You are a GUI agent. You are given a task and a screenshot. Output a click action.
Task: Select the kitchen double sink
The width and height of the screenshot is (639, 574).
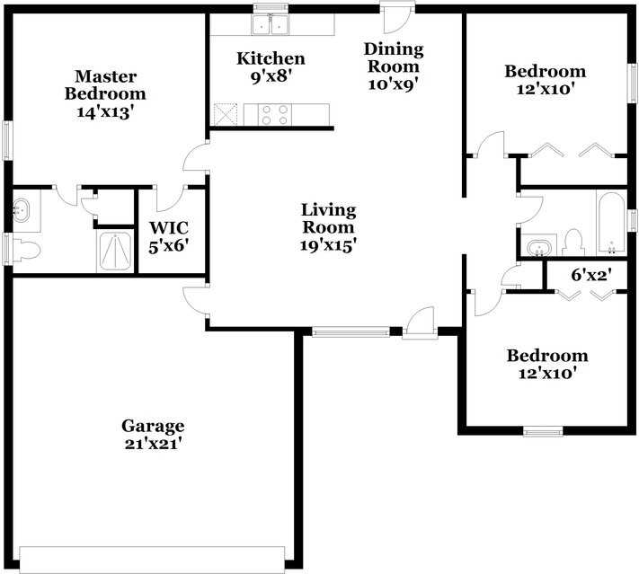tap(271, 25)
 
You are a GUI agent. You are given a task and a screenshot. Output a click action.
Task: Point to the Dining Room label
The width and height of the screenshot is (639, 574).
tap(392, 57)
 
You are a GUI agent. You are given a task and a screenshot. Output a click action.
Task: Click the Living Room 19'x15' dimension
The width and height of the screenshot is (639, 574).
tap(328, 244)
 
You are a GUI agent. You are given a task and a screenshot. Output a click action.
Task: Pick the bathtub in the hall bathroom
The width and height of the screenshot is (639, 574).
tap(611, 223)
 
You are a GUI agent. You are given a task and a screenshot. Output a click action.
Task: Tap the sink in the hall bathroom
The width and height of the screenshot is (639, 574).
tap(539, 246)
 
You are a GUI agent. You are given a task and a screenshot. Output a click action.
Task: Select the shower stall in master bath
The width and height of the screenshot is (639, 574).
tap(114, 252)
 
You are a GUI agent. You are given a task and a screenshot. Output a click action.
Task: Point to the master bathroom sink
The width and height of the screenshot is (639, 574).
tap(22, 212)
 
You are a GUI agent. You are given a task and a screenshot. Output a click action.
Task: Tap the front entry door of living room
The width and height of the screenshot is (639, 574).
tap(419, 323)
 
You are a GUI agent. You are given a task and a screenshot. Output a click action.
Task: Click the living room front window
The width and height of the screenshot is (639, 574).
tap(351, 332)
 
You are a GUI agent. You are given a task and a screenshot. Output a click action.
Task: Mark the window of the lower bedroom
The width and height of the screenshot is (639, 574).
tap(543, 432)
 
